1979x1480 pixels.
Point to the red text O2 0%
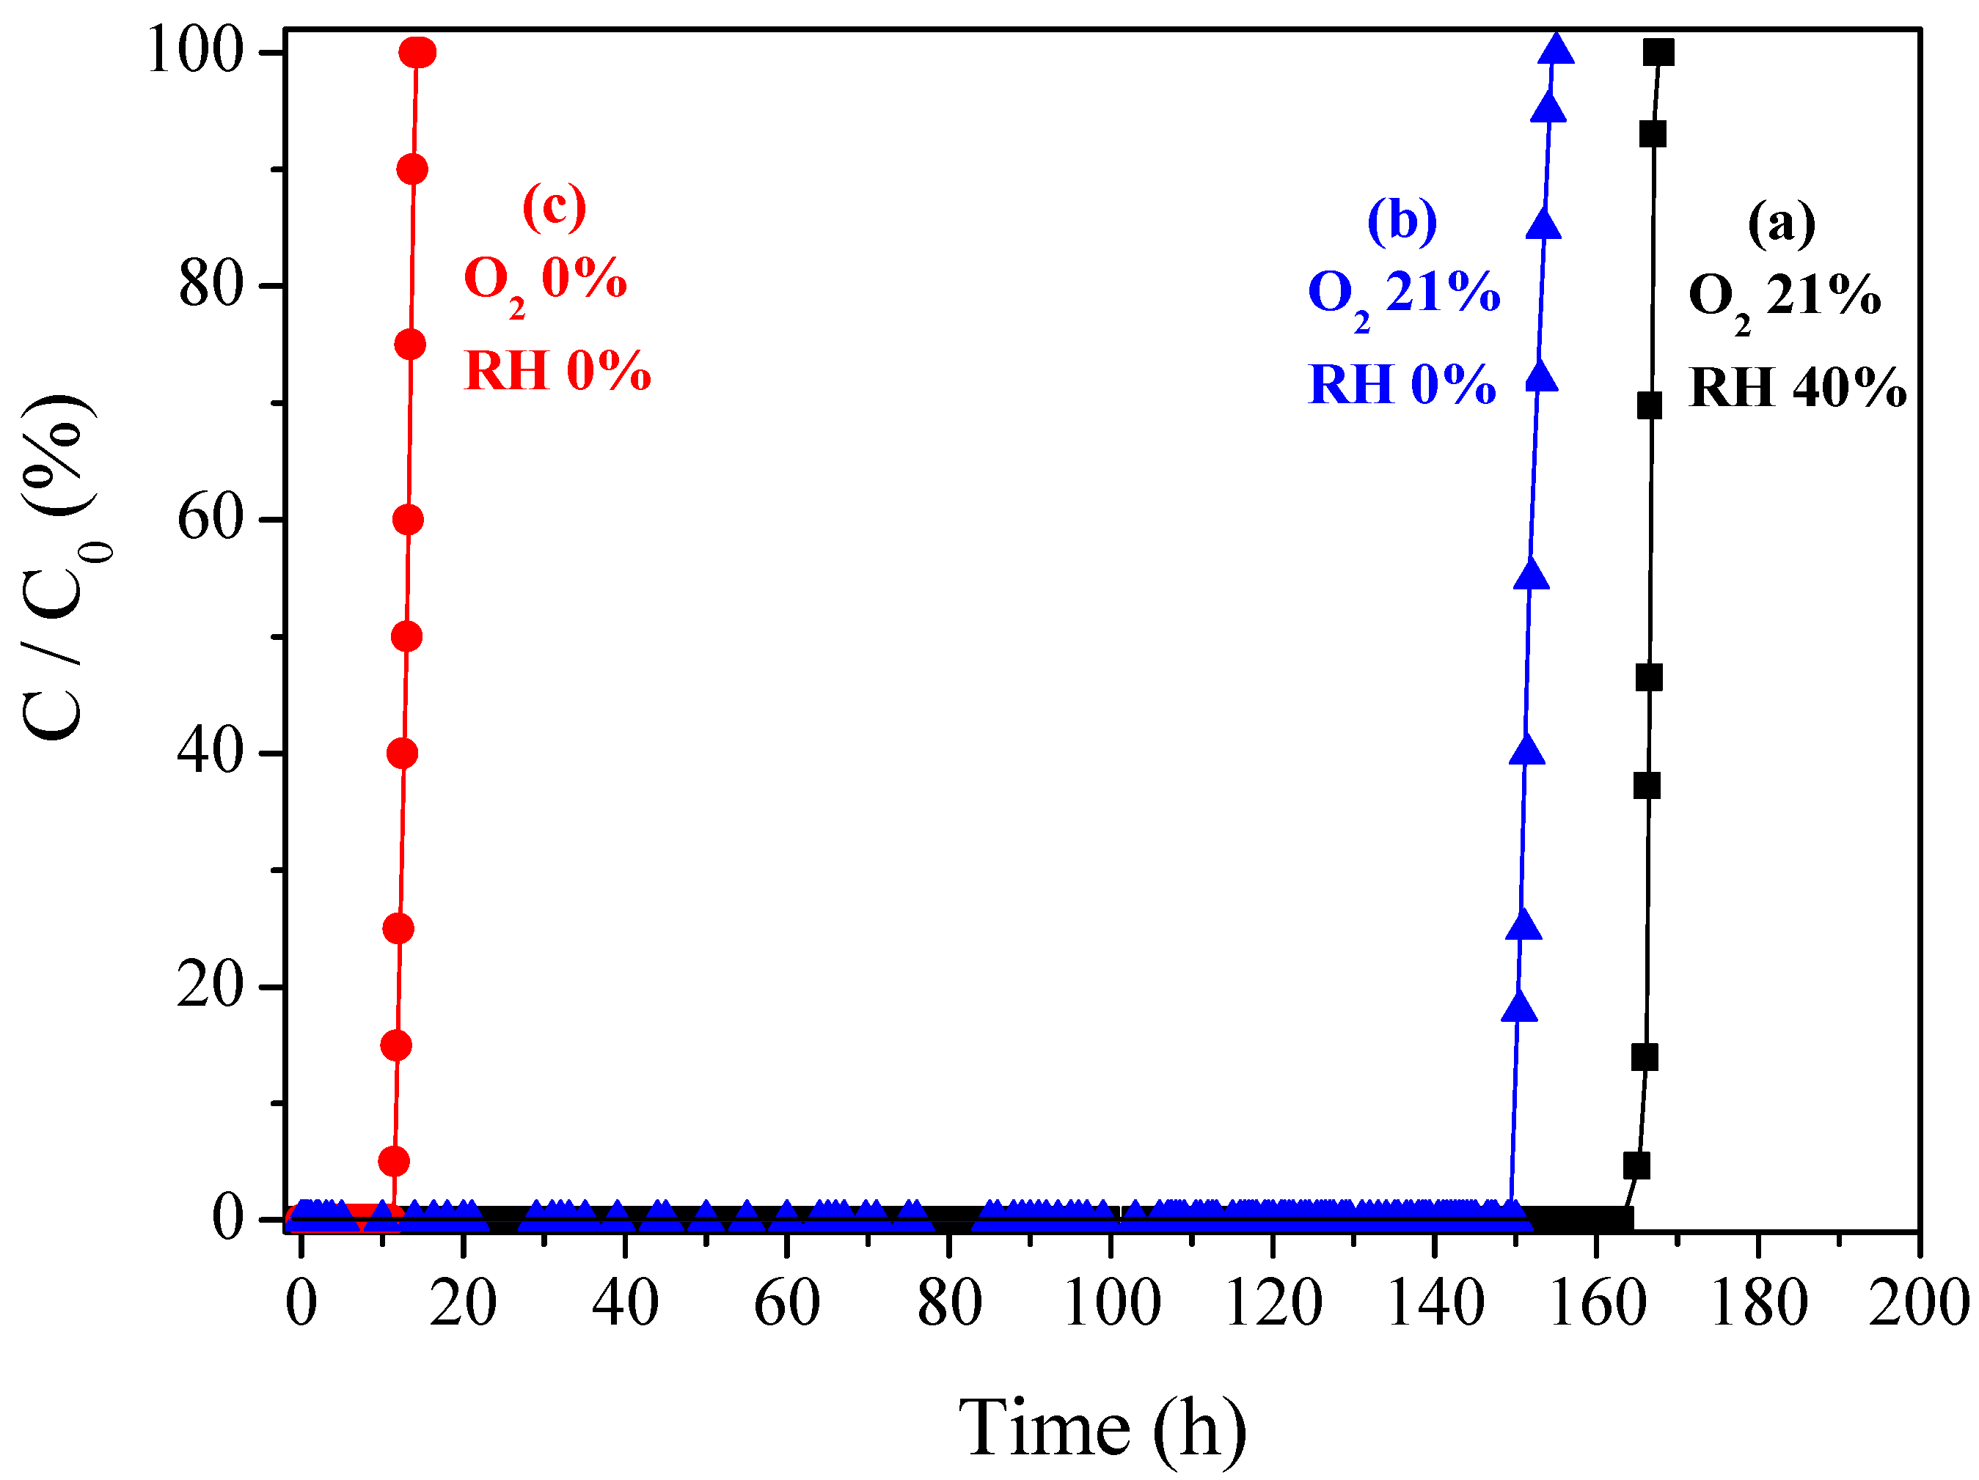(x=545, y=281)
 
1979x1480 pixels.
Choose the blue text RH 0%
(x=1402, y=386)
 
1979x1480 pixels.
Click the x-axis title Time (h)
(x=1102, y=1428)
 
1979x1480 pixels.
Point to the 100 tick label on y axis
(x=195, y=51)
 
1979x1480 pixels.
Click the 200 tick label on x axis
(x=1918, y=1304)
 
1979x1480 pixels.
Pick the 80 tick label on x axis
(x=949, y=1304)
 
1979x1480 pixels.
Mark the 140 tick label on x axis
(x=1434, y=1304)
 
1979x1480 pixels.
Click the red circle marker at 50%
(x=406, y=637)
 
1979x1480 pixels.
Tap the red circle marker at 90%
(x=411, y=169)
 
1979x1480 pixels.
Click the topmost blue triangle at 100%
(x=1556, y=49)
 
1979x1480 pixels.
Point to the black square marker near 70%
(x=1649, y=406)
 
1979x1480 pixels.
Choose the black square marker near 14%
(x=1645, y=1058)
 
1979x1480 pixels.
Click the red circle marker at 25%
(x=398, y=929)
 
